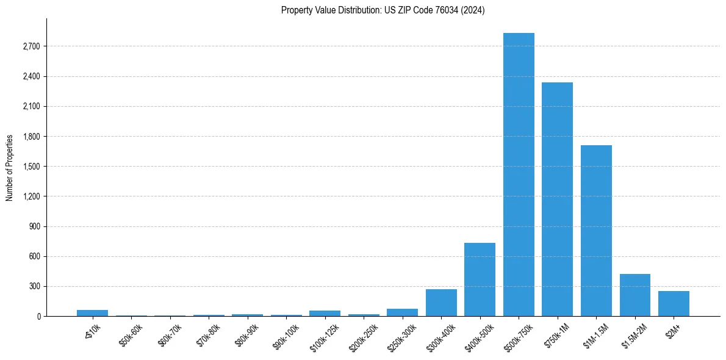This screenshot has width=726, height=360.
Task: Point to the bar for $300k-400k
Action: point(441,303)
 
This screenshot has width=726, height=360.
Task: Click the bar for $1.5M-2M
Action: point(634,295)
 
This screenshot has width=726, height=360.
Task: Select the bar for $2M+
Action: point(674,304)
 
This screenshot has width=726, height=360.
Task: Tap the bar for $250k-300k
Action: point(402,312)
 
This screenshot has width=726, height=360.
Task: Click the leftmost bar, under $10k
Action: point(92,313)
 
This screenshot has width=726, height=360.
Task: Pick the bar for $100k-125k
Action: point(325,314)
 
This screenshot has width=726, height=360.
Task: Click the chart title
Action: point(383,10)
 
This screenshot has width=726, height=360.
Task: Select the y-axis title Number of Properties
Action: point(10,167)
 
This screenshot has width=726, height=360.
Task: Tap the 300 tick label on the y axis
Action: point(34,286)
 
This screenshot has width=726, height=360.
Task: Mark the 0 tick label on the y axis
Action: point(38,317)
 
